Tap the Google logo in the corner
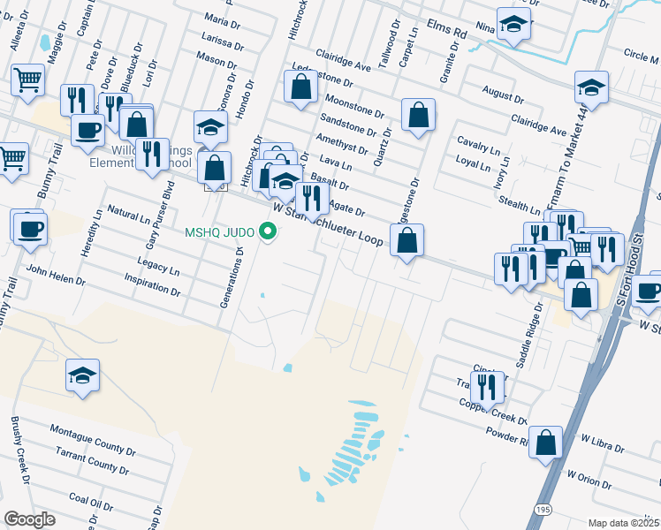click(29, 519)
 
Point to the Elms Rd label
click(446, 30)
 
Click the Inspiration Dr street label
click(151, 284)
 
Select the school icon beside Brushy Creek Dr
click(82, 375)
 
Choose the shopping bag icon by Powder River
click(546, 442)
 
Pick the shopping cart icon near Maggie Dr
click(27, 80)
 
